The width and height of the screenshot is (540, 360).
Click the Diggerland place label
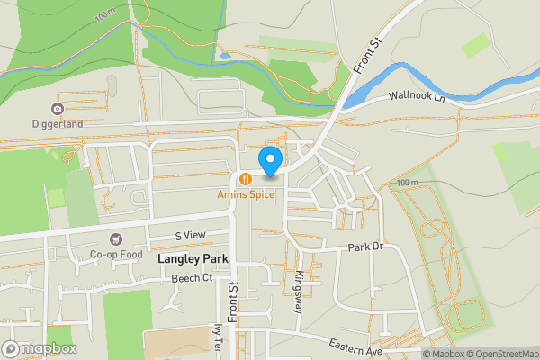[57, 124]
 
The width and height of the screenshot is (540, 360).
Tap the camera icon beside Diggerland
[58, 109]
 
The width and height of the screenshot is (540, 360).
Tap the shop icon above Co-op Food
[114, 239]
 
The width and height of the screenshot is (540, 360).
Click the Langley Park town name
[193, 259]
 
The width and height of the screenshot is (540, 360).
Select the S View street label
[190, 235]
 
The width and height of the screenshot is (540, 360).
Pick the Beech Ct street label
[191, 278]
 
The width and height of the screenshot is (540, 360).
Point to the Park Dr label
[365, 247]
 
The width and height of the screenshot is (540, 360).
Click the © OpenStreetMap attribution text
[500, 354]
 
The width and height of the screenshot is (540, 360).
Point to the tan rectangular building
[175, 345]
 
